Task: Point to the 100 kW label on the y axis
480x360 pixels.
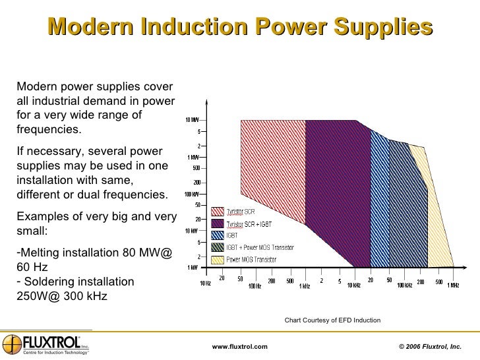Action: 191,195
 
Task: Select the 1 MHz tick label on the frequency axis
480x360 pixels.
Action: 453,285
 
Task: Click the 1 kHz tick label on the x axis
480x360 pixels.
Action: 304,285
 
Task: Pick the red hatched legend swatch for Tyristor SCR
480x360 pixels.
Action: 218,212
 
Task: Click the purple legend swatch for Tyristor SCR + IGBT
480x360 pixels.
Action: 218,224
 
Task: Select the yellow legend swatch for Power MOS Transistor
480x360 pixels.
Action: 218,259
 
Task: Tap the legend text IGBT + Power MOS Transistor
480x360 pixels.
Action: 260,247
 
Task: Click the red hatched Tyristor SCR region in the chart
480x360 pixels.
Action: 270,165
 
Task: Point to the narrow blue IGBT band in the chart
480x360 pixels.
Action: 378,198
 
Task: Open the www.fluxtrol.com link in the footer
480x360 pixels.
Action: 239,347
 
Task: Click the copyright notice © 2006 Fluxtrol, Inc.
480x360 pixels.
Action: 431,347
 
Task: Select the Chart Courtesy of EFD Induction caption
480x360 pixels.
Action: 332,320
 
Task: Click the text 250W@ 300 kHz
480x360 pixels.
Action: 60,296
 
